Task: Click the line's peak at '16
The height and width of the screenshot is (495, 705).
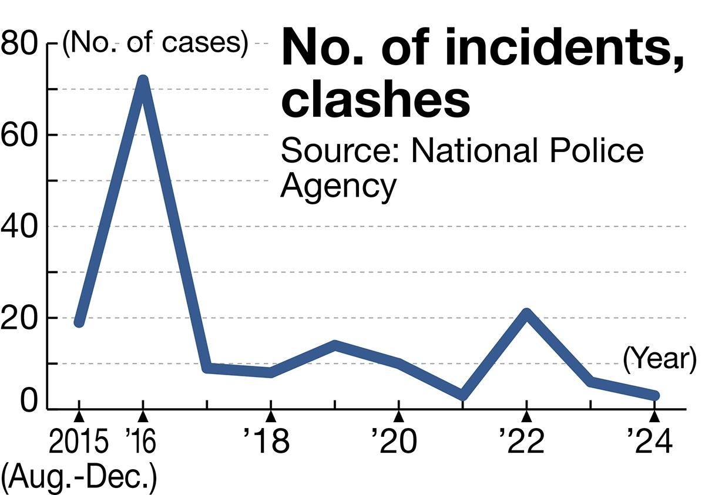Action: [x=142, y=80]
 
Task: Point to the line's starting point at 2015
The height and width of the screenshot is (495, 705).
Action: [x=79, y=322]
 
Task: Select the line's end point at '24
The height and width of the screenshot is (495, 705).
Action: [x=654, y=396]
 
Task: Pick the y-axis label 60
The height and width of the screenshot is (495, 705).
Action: [x=19, y=135]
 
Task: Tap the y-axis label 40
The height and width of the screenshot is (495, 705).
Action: [x=19, y=227]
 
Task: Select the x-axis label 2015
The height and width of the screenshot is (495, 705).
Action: [x=78, y=443]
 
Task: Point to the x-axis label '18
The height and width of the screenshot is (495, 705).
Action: [x=267, y=443]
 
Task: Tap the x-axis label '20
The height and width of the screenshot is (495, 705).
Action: [x=394, y=443]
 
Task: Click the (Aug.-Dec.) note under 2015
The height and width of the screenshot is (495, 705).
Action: [x=79, y=478]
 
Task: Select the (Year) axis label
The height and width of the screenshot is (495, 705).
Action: [x=659, y=358]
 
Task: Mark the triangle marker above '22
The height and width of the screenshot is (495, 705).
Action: [x=526, y=416]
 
